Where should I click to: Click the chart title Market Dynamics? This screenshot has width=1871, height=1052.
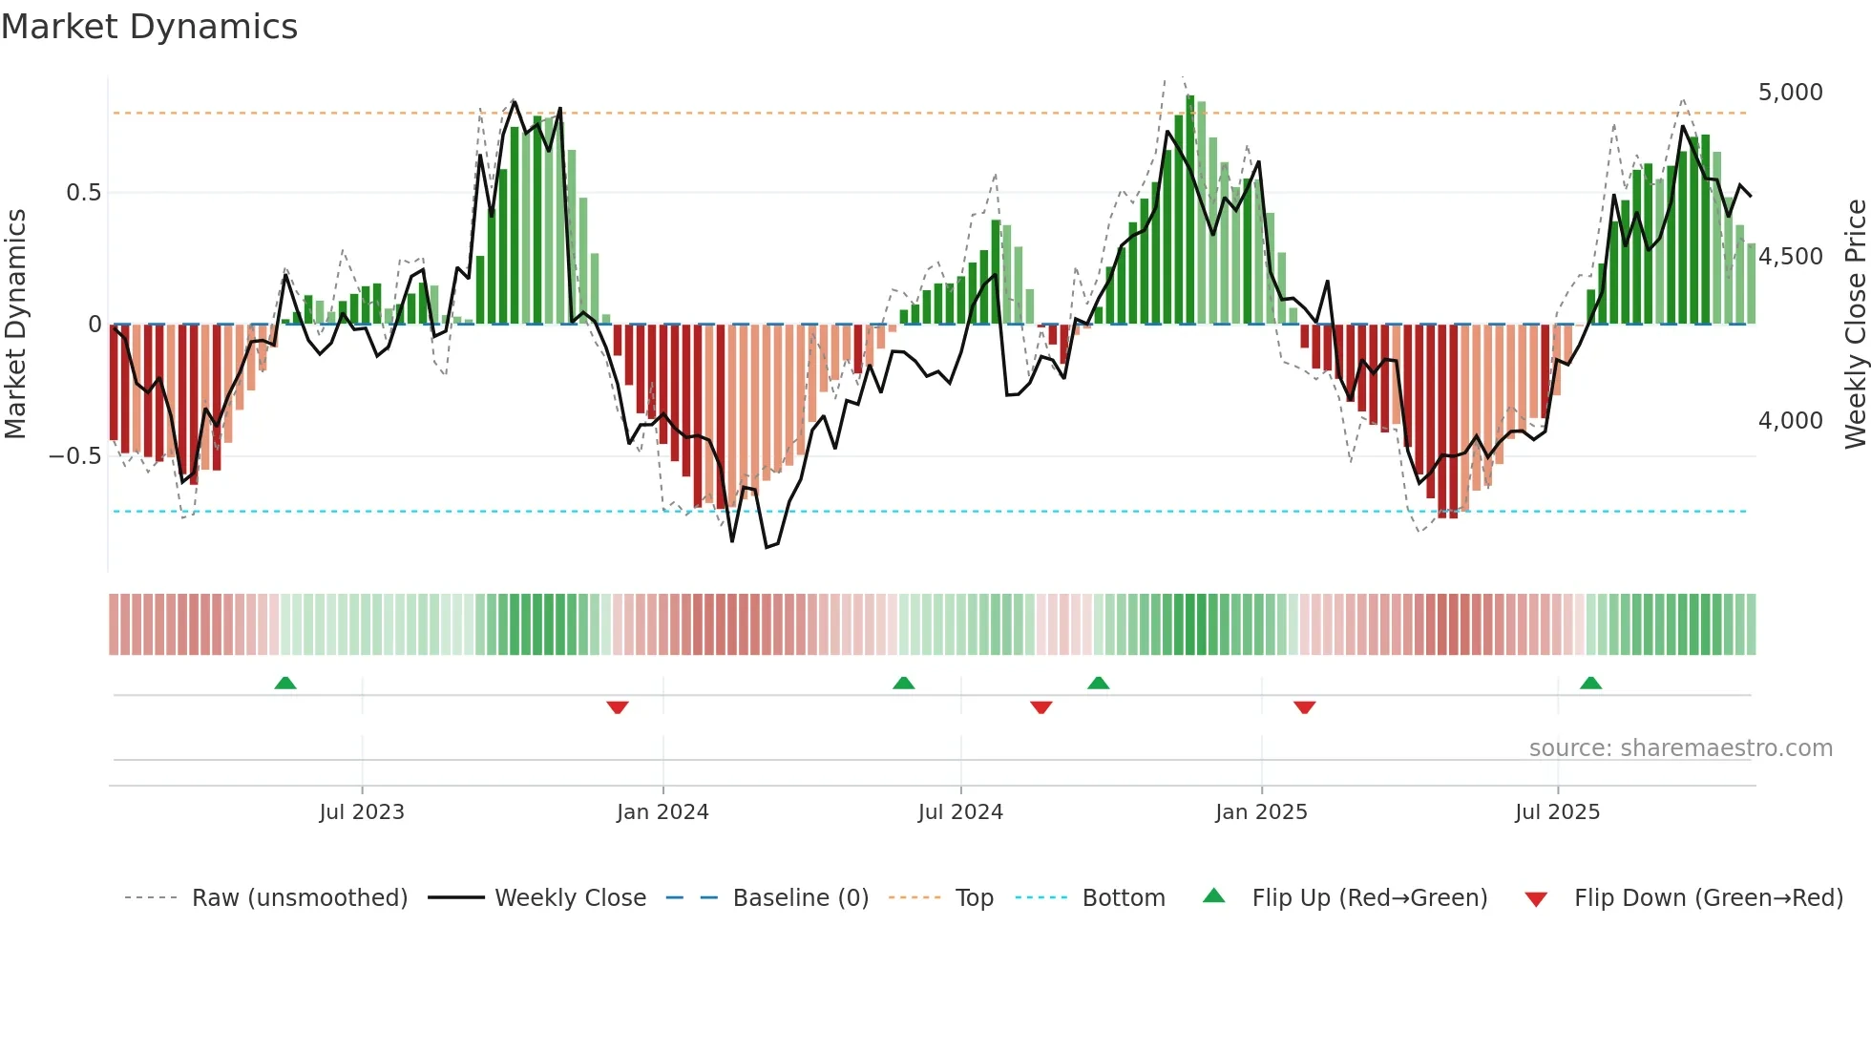pos(150,27)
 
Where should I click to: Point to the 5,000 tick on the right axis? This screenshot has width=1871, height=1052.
pos(1790,93)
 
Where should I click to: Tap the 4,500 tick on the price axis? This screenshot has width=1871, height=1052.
pos(1790,257)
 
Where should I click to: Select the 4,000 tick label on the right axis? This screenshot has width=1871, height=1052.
pos(1790,421)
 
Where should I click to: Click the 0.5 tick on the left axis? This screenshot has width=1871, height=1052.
pos(83,193)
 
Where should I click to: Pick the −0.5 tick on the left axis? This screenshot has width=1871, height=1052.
pos(75,456)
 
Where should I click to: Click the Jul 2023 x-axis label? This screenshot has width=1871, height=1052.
pos(362,812)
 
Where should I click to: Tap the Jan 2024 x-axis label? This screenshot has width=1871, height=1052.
pos(662,812)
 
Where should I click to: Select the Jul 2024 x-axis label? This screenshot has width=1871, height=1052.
pos(960,812)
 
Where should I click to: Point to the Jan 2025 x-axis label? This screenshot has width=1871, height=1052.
pos(1261,812)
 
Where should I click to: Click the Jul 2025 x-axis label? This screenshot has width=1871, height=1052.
pos(1557,812)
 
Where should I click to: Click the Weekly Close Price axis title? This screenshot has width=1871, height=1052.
pos(1855,324)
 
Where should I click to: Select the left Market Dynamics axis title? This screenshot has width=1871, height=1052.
pos(16,324)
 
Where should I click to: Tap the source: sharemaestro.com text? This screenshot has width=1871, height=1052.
pos(1680,748)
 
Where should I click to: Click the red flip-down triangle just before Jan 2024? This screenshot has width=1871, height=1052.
pos(618,707)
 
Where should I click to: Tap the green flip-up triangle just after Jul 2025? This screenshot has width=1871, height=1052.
pos(1590,684)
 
